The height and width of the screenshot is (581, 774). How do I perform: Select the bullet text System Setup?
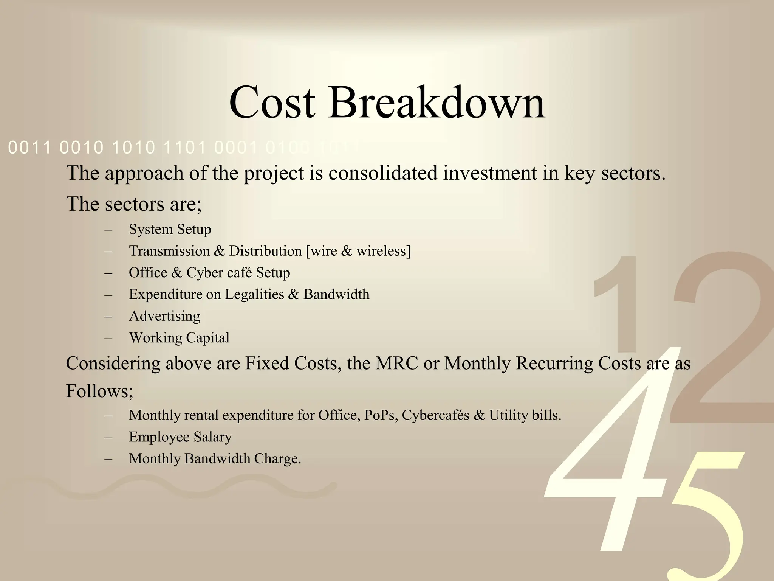click(x=170, y=229)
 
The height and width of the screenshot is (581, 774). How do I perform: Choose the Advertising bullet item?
click(x=164, y=316)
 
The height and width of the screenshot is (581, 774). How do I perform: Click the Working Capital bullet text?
click(x=179, y=338)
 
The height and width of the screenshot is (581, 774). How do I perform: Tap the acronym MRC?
click(x=396, y=364)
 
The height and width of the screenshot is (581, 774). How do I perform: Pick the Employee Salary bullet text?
click(x=180, y=437)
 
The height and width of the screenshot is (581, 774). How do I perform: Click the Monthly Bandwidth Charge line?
click(x=215, y=459)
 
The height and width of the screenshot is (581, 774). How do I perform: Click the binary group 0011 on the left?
click(x=29, y=148)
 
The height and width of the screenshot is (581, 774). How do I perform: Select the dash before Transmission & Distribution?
click(x=109, y=251)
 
